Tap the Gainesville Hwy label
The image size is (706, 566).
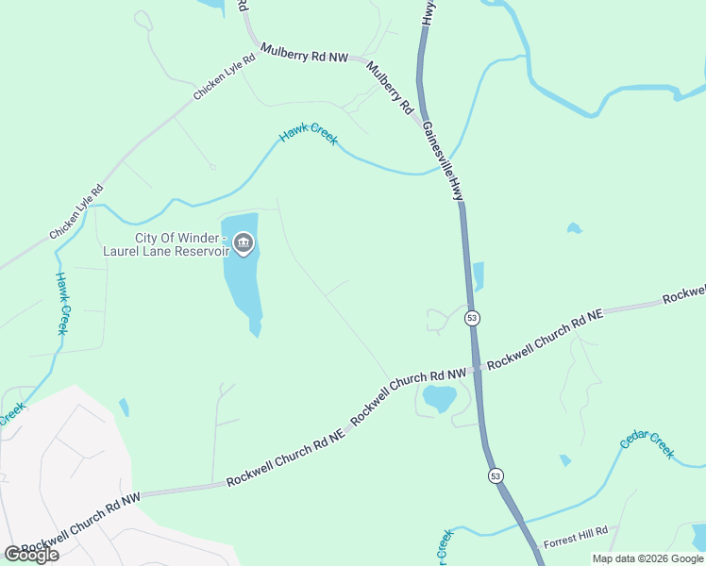[443, 160]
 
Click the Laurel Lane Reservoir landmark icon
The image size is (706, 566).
[244, 244]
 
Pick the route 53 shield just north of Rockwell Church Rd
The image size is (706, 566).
[472, 319]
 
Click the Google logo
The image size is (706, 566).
[31, 555]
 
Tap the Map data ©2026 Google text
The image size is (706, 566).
[648, 558]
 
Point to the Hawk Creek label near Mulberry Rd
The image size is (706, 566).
[309, 136]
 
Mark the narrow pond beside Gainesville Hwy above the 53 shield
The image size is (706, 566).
[478, 276]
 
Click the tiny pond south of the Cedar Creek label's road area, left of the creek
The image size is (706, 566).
[564, 460]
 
